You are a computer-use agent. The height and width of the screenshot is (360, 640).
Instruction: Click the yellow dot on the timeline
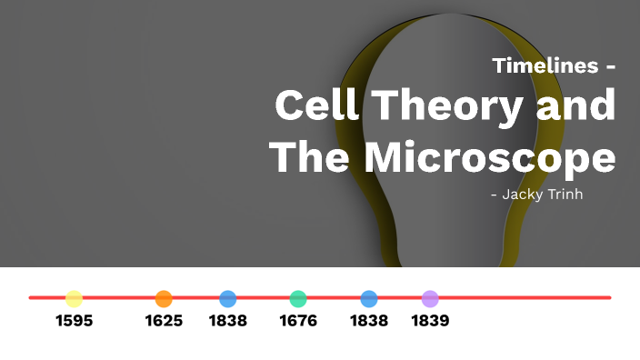tap(74, 298)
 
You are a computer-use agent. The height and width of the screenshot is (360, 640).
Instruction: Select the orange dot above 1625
tap(164, 298)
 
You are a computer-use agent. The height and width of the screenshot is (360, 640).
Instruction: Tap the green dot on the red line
tap(298, 298)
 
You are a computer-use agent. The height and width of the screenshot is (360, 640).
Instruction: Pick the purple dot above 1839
tap(430, 298)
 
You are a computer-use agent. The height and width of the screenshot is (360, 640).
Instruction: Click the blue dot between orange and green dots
tap(228, 298)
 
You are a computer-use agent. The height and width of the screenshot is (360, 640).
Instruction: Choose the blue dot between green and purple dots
tap(369, 298)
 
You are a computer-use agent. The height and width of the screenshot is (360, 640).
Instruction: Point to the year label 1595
tap(74, 321)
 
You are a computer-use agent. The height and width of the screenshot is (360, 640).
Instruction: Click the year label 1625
tap(164, 321)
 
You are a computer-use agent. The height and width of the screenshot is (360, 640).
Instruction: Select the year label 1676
tap(298, 321)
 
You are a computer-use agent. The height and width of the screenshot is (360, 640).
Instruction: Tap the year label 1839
tap(430, 321)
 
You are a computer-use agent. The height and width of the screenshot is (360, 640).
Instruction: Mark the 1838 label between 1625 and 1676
tap(228, 321)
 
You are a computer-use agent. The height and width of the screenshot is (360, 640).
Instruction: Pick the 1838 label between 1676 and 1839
tap(369, 321)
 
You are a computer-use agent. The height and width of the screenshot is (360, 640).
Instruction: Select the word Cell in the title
tap(318, 106)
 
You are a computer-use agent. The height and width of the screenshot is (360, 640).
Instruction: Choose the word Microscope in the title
tap(490, 159)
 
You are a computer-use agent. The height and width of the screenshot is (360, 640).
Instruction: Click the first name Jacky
tap(525, 194)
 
